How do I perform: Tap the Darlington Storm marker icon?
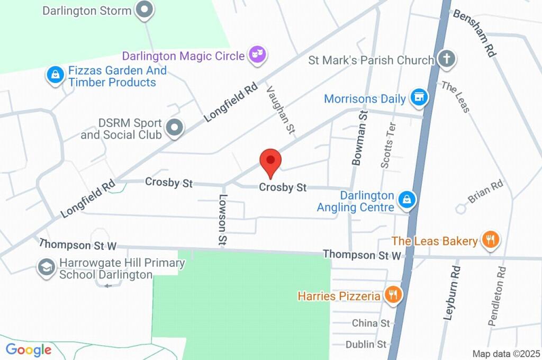point(144,10)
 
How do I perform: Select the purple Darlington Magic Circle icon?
point(257,55)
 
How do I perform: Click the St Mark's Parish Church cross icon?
point(447,59)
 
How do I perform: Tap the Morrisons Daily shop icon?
point(419,98)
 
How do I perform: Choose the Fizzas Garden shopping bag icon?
point(55,75)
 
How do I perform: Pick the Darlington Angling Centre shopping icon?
point(406,200)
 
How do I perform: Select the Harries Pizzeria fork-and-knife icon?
point(392,295)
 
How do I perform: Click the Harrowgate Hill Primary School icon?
point(47,268)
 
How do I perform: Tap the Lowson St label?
point(222,219)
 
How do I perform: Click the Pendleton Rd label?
point(498,295)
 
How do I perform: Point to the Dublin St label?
point(366,345)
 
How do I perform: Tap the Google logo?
point(29,349)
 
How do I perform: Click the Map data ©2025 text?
point(505,354)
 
